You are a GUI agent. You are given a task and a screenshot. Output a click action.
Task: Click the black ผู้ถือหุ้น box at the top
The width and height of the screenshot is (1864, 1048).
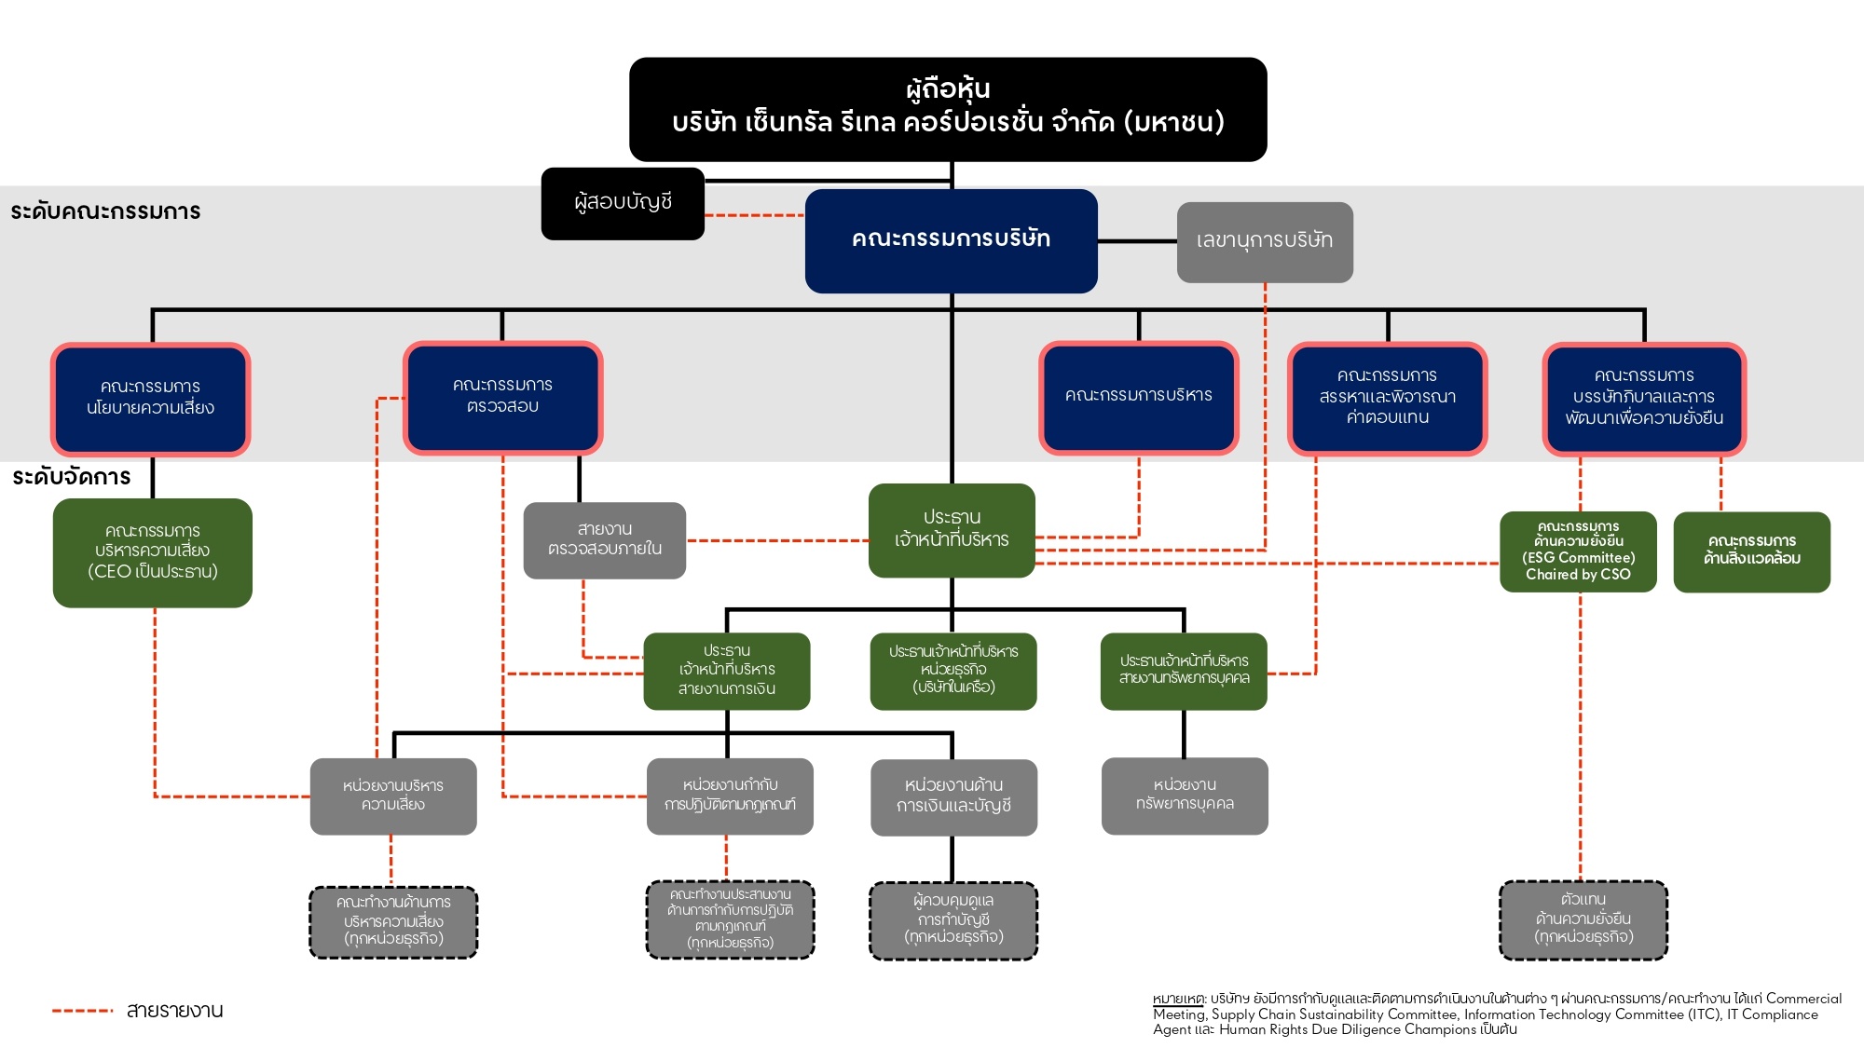tap(948, 108)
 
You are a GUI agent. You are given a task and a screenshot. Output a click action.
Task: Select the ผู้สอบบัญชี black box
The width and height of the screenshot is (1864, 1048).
tap(623, 203)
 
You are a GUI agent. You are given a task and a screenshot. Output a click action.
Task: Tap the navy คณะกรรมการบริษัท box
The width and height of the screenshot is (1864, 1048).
tap(951, 240)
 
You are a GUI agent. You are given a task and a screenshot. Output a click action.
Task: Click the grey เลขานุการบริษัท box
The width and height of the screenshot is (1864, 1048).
tap(1264, 241)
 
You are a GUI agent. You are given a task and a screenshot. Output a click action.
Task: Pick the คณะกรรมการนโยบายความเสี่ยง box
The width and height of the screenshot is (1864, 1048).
tap(151, 399)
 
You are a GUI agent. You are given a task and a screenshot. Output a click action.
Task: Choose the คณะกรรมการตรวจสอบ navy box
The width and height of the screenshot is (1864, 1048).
tap(502, 397)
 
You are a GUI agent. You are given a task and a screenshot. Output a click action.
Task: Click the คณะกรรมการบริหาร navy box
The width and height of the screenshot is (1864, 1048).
tap(1138, 397)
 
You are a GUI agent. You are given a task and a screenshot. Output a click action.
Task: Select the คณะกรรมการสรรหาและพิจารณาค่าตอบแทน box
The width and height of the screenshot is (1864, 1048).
tap(1387, 398)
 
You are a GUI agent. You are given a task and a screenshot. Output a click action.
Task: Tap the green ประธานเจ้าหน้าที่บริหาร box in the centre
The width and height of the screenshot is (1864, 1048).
tap(951, 529)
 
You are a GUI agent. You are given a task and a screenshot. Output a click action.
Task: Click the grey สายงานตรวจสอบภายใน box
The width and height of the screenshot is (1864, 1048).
tap(604, 540)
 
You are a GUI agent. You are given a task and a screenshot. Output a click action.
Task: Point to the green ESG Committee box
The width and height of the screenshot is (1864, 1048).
tap(1578, 551)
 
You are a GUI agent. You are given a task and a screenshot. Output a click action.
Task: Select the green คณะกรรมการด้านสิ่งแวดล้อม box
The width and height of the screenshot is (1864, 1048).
tap(1751, 551)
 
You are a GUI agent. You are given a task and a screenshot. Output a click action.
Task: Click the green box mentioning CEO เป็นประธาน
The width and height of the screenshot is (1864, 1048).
tap(152, 552)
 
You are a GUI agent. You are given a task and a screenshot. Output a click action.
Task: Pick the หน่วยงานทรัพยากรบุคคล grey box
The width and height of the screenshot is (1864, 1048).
tap(1184, 796)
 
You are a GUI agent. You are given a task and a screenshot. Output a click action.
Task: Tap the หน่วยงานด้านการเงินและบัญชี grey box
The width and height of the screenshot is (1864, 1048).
tap(953, 796)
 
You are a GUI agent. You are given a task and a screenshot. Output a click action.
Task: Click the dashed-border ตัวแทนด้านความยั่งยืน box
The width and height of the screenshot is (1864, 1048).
tap(1583, 919)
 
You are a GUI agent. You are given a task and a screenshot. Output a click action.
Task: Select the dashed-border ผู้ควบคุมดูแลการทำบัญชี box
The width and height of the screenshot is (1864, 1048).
tap(953, 920)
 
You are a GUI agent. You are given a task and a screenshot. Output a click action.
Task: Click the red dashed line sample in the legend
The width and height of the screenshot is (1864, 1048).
tap(82, 1011)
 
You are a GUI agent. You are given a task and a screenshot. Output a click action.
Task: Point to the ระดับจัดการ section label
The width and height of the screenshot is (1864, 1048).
tap(72, 478)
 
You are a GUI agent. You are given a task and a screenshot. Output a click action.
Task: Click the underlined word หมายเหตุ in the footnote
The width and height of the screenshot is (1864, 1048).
tap(1178, 1000)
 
